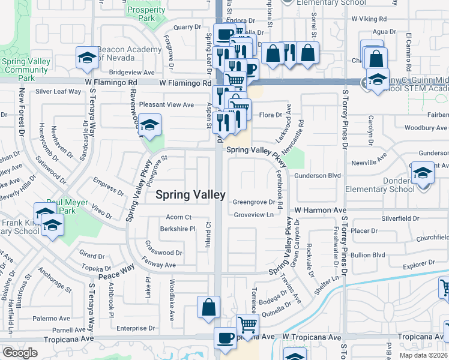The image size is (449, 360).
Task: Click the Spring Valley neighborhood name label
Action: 191,194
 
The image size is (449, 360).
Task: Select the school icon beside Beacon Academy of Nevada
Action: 87,58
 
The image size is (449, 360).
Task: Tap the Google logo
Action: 20,352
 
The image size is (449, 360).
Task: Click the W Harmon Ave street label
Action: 321,210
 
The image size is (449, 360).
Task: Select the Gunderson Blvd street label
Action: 318,175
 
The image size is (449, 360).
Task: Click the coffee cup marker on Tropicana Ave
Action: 226,338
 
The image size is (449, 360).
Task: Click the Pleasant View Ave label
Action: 166,104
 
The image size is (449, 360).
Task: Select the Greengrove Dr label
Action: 253,202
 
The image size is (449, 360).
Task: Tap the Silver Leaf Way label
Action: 58,92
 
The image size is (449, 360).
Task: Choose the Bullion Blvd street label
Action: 368,255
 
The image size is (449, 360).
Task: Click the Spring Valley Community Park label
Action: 25,70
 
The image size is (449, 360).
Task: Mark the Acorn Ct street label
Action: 179,217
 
